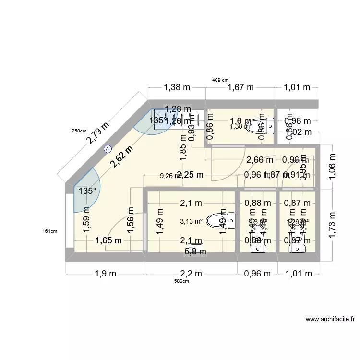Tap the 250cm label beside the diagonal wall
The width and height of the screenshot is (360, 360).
tap(79, 131)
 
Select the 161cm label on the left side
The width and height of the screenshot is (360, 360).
tap(50, 231)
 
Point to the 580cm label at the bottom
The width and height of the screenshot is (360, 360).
tap(182, 281)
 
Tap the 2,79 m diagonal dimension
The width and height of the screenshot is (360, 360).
tap(98, 133)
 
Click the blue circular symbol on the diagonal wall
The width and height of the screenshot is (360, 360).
tap(107, 150)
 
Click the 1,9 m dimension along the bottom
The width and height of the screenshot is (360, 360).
tap(106, 274)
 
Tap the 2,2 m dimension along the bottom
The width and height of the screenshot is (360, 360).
tap(192, 274)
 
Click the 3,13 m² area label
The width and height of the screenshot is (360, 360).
tap(191, 221)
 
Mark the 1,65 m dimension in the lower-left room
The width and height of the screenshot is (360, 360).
tap(108, 240)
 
